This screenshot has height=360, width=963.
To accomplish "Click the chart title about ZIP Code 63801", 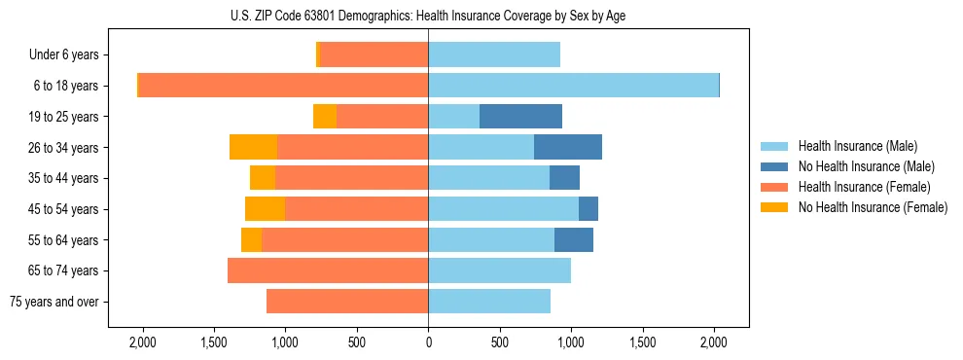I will click(x=428, y=15).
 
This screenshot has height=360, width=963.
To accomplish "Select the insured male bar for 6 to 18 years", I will click(x=573, y=86).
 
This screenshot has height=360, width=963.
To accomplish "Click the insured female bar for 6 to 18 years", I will click(x=283, y=86).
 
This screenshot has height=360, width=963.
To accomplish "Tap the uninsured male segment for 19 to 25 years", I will click(x=520, y=117).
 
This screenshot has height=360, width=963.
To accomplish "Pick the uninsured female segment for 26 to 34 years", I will click(x=253, y=147).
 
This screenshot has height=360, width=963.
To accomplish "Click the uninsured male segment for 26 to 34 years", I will click(x=568, y=147).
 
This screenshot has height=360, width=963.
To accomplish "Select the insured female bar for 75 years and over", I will click(x=347, y=302).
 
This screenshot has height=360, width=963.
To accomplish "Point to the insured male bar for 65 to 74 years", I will click(x=499, y=270).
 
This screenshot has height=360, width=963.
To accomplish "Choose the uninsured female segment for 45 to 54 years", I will click(x=265, y=209).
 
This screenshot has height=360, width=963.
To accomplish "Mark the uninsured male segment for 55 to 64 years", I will click(x=574, y=239).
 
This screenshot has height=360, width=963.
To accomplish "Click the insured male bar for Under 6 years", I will click(x=494, y=54).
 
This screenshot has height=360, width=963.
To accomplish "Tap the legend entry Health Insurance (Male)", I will click(x=856, y=146).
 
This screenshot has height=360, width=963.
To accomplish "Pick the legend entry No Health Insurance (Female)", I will click(x=872, y=207).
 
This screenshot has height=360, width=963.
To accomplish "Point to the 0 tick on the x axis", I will click(x=428, y=342).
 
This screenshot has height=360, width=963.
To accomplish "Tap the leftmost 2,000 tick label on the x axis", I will click(x=142, y=342).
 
